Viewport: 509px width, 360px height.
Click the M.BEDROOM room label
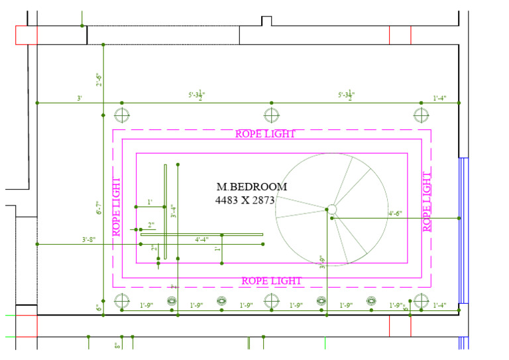click(x=252, y=187)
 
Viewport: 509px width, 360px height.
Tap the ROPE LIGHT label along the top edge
click(x=265, y=134)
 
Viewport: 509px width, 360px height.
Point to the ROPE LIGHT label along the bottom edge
click(x=271, y=281)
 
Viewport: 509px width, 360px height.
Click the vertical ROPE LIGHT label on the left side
click(x=117, y=206)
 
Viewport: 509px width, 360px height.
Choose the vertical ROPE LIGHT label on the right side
click(x=427, y=201)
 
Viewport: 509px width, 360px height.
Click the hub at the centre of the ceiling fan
click(x=331, y=210)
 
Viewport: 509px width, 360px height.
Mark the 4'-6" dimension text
click(x=396, y=213)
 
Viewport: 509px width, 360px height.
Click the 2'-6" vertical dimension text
click(x=99, y=80)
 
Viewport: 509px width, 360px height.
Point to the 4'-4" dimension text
click(x=201, y=239)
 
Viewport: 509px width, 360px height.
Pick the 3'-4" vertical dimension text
click(x=173, y=211)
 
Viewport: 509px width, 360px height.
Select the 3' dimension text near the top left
click(x=80, y=98)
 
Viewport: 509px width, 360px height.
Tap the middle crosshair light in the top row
click(x=270, y=115)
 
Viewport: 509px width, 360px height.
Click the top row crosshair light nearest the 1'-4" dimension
click(x=421, y=115)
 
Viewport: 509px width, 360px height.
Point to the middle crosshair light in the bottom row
click(x=270, y=301)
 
